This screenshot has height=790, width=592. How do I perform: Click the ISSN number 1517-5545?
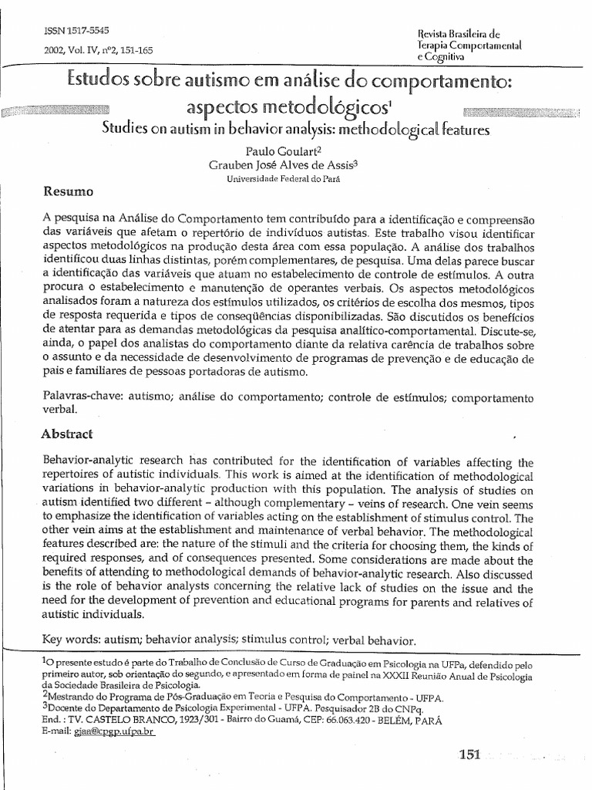(66, 29)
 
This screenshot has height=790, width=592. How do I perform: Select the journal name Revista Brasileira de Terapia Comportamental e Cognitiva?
(458, 46)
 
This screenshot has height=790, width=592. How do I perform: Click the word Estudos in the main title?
(94, 80)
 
